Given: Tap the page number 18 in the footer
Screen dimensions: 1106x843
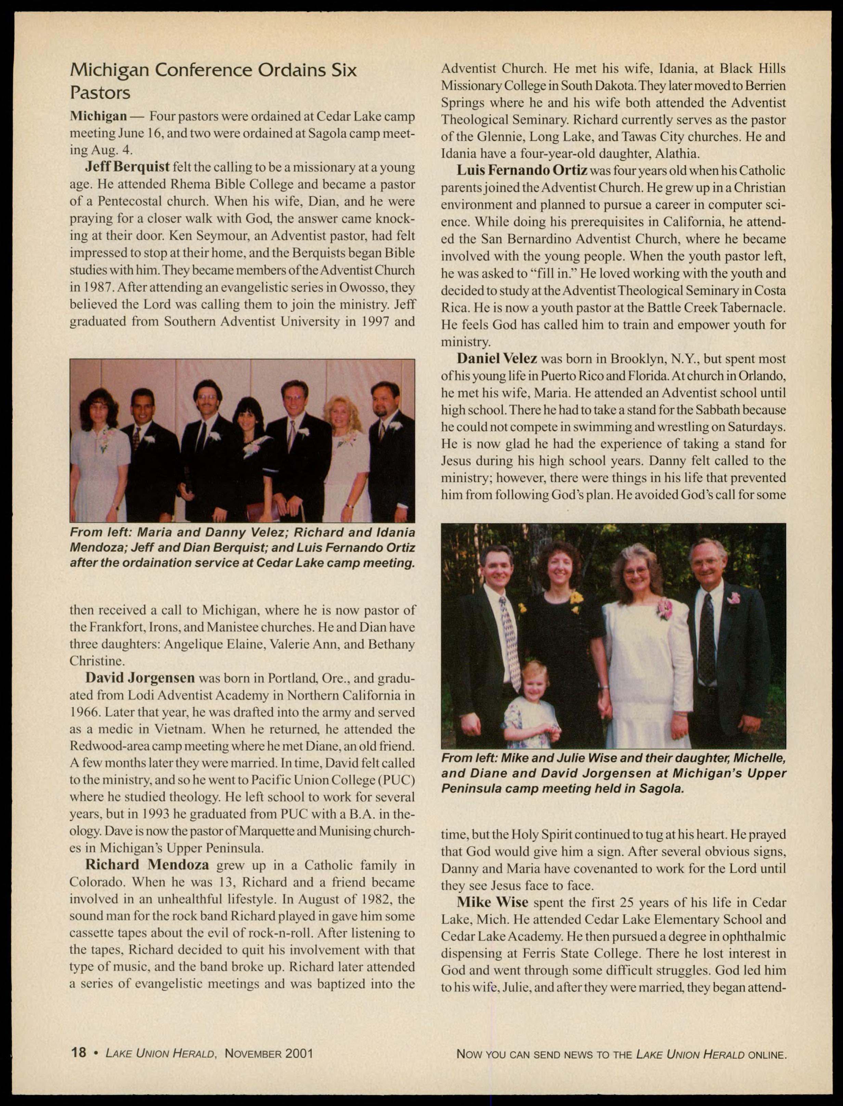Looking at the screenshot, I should (x=79, y=1052).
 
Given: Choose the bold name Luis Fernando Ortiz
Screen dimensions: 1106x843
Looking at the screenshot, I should (x=522, y=171).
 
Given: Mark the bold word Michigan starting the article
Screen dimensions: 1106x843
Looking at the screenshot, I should (x=98, y=116).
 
